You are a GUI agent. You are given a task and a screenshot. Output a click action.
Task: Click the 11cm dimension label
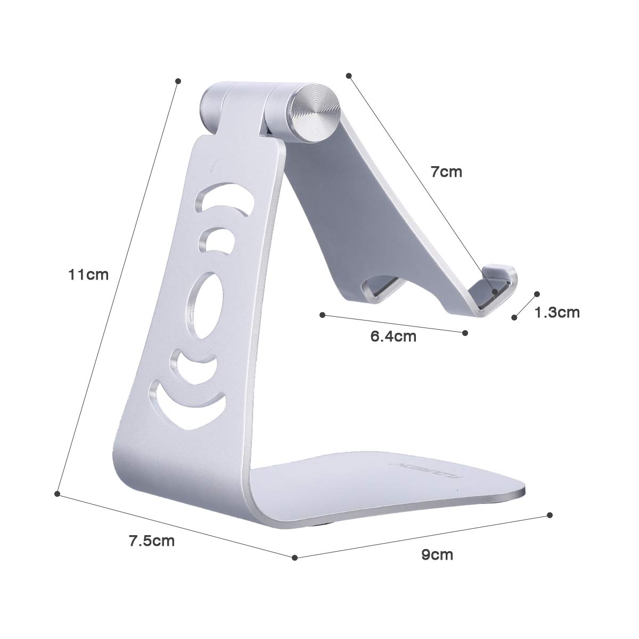tap(88, 275)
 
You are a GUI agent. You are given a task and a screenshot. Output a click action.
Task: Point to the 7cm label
tap(446, 172)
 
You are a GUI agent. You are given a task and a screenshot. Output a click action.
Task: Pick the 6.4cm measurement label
tap(394, 337)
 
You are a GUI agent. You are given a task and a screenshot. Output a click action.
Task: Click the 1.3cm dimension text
tap(557, 312)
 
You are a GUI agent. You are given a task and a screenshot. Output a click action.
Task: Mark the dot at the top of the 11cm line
tap(178, 81)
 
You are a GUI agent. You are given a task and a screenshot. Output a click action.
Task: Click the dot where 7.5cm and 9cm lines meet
tap(294, 558)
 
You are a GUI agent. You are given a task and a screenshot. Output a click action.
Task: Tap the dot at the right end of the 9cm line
tap(550, 515)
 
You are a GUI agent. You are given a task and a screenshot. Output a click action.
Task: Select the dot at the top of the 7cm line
tap(349, 76)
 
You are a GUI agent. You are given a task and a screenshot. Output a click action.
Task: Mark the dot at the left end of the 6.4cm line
tap(322, 315)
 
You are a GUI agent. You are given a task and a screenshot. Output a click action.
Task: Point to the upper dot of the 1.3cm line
tap(537, 293)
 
